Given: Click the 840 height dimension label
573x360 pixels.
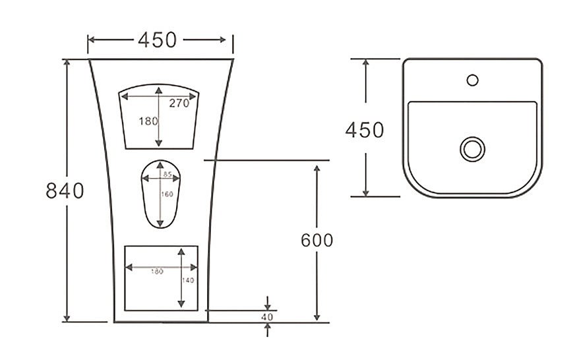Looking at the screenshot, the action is (65, 191).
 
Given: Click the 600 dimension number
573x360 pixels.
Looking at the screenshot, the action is (317, 240).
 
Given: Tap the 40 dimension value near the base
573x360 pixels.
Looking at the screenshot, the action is (267, 317).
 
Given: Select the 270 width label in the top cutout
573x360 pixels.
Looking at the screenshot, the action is (179, 104).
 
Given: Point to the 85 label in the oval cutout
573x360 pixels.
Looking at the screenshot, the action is (167, 174).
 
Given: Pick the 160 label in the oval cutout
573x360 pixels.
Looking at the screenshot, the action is (167, 194).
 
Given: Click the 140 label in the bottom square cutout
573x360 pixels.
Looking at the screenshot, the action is (188, 280).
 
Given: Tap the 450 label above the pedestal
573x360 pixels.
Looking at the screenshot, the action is (158, 40).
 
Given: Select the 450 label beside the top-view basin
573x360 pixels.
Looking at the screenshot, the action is (365, 130).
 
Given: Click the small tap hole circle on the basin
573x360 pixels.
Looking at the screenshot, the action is (473, 75).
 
